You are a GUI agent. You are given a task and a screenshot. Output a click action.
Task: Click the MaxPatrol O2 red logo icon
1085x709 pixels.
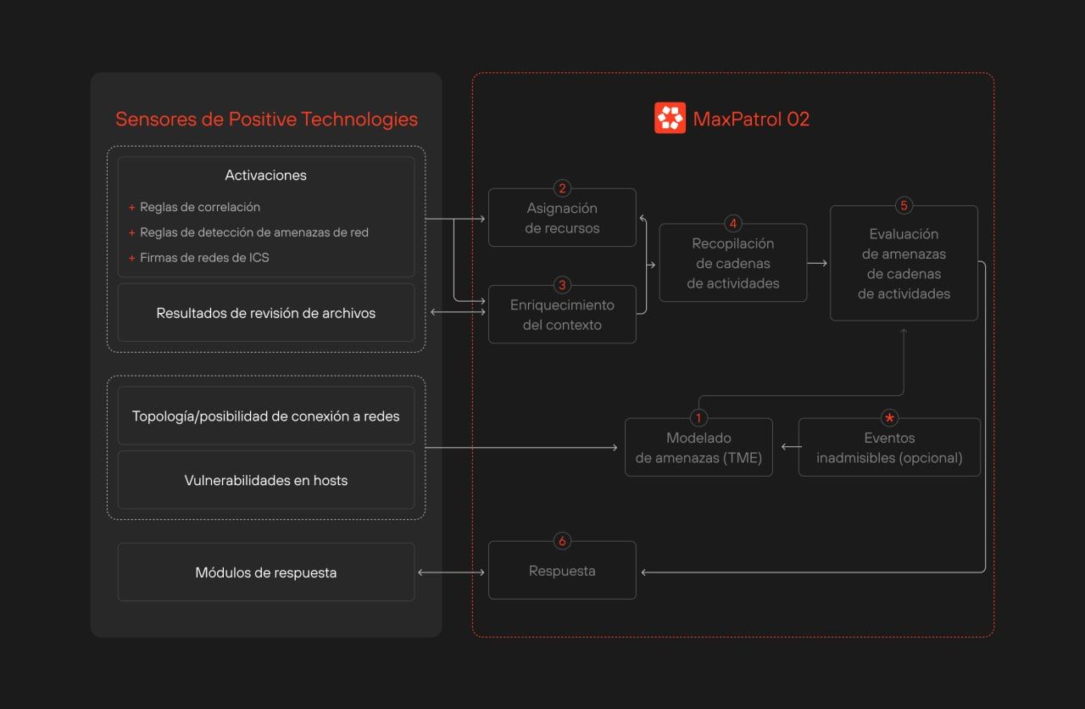(x=670, y=118)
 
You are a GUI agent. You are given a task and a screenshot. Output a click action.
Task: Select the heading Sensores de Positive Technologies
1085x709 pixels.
(x=266, y=120)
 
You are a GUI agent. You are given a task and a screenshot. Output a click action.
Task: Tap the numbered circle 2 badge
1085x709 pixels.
(x=562, y=188)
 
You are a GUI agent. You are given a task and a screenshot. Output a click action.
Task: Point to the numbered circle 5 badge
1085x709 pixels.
(x=904, y=205)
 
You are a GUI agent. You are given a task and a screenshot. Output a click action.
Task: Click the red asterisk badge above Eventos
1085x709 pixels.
(x=889, y=418)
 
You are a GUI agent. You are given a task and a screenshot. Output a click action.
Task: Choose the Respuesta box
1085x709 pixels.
(x=562, y=571)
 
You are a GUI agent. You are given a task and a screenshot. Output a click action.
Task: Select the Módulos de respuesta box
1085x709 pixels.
(x=266, y=572)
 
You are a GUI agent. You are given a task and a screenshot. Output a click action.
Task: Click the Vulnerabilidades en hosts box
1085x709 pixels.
(x=266, y=480)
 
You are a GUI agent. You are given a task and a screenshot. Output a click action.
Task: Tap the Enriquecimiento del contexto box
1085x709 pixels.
(x=562, y=315)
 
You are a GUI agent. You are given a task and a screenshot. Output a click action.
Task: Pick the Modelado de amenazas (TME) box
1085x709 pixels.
(x=698, y=447)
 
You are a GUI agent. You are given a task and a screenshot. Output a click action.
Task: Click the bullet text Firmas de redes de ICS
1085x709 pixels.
(x=204, y=258)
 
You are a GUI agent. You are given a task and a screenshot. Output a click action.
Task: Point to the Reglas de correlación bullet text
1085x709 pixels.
(x=200, y=208)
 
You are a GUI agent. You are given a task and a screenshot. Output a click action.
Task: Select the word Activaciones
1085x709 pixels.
(x=265, y=175)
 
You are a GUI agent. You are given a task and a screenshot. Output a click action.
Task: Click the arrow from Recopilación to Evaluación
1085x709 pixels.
(x=817, y=263)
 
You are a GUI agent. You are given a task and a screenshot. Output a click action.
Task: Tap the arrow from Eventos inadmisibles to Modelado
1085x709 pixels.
(x=792, y=447)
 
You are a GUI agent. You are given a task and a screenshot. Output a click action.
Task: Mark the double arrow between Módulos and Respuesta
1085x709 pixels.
(x=451, y=572)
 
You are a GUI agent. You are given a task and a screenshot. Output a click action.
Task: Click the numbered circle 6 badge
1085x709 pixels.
(x=562, y=541)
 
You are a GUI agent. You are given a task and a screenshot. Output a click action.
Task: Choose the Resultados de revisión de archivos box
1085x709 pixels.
(x=266, y=313)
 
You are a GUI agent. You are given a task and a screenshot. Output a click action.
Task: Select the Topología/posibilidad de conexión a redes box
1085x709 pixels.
(x=266, y=416)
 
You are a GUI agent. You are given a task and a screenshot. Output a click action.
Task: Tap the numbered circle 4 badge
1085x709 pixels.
(x=733, y=223)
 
